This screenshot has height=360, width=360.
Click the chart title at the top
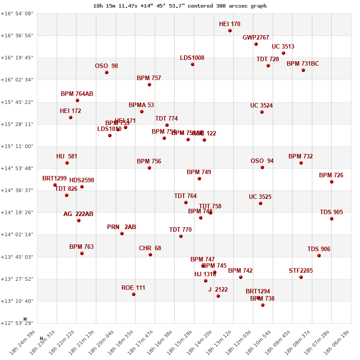tap(180, 6)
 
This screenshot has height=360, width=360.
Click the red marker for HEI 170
tap(230, 31)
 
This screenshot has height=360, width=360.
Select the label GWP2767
tap(256, 37)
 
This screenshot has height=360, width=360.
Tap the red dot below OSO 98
tap(107, 72)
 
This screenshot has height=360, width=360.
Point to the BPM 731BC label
tap(302, 64)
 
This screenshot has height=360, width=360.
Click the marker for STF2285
tap(301, 277)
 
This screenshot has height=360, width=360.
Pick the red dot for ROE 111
tap(134, 294)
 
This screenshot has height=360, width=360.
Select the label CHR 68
tap(150, 248)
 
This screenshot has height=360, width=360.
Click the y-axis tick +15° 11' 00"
tap(17, 146)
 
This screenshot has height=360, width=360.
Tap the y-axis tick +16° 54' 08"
tap(17, 13)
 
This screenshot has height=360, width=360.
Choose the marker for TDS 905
tap(332, 219)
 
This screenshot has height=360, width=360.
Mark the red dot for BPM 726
tap(332, 182)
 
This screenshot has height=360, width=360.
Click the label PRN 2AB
tap(121, 227)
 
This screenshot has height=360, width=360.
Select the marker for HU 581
tap(67, 163)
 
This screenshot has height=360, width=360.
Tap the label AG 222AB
tap(78, 214)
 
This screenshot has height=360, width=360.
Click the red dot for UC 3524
tap(262, 112)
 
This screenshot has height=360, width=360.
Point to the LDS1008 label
tap(192, 58)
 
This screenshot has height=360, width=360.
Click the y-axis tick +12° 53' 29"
tap(17, 323)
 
